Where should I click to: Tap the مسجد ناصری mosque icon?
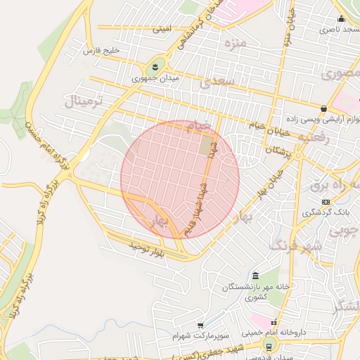(341, 19)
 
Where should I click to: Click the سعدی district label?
(214, 82)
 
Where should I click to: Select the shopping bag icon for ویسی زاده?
(323, 108)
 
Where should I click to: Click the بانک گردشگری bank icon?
(325, 202)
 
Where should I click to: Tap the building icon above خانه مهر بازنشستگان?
(255, 275)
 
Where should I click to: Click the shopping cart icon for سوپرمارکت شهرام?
(200, 326)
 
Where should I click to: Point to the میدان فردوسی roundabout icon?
(268, 345)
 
